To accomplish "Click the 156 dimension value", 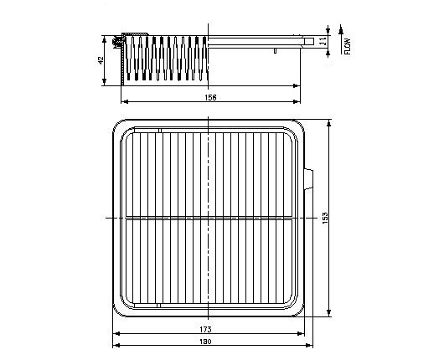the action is pos(210,98).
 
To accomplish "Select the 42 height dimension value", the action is pos(101,60).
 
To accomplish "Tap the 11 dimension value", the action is pos(323,41).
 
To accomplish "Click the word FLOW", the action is pos(348,46).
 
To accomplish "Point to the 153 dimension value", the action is pos(325,218).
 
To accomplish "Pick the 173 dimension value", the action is pos(205,329).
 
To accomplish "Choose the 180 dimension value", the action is pos(205,342).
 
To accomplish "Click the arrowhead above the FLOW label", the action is pos(341,29).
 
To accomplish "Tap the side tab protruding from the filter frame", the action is pos(308,179).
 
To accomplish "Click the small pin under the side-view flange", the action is pos(275,51).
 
